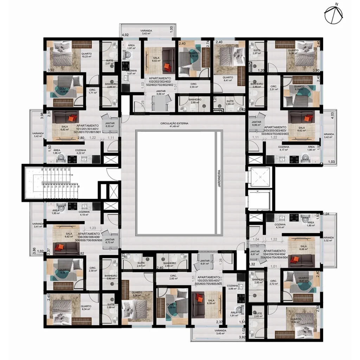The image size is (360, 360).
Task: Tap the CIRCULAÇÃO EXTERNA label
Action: click(174, 125)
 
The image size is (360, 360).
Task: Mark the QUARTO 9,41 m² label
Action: click(227, 79)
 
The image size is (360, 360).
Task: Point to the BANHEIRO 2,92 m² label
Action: click(111, 277)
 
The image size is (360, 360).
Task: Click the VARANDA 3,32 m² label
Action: click(328, 239)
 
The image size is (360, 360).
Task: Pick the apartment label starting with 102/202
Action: click(160, 82)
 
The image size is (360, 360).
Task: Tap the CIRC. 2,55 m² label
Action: click(193, 86)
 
